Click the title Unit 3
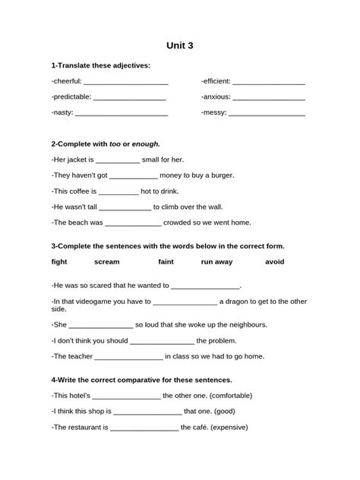pyautogui.click(x=180, y=46)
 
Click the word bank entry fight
pyautogui.click(x=59, y=262)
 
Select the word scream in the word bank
pyautogui.click(x=106, y=262)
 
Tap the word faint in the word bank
pyautogui.click(x=166, y=262)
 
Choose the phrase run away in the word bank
pyautogui.click(x=216, y=262)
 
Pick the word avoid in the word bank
pyautogui.click(x=274, y=262)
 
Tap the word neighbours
pyautogui.click(x=245, y=324)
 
